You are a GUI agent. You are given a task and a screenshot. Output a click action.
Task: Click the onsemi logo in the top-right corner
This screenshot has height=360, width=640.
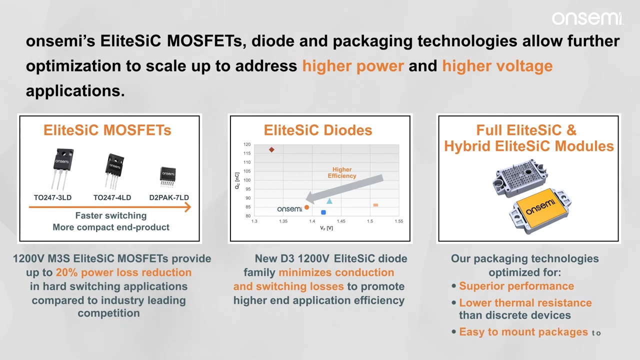(x=587, y=18)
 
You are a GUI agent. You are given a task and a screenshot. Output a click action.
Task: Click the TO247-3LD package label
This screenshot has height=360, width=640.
(x=52, y=197)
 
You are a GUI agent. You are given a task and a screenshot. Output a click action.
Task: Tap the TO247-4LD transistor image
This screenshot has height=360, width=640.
(x=114, y=171)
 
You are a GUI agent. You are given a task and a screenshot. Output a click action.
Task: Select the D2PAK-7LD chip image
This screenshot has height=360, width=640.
(x=167, y=177)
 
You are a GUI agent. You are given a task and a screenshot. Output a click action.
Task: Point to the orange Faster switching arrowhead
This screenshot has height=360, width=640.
(x=187, y=207)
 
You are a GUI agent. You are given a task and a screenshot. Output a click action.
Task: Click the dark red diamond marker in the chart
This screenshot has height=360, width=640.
(x=271, y=149)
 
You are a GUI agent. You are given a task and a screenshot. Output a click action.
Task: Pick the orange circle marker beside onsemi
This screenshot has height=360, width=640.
(x=306, y=207)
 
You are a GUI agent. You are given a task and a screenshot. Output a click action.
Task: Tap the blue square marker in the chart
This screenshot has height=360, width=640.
(x=323, y=212)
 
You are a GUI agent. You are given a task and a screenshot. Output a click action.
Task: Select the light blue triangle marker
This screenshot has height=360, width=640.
(x=329, y=201)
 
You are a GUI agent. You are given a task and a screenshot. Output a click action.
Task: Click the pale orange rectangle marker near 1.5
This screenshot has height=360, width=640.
(x=375, y=205)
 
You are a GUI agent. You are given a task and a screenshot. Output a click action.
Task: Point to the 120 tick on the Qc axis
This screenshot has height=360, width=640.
(x=247, y=144)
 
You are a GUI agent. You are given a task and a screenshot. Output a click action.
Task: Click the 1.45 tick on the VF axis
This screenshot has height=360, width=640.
(x=341, y=221)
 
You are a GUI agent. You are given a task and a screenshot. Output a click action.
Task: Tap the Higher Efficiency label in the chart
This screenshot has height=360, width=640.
(x=342, y=172)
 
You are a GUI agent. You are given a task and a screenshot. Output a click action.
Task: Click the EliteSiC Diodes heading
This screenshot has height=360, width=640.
(x=317, y=130)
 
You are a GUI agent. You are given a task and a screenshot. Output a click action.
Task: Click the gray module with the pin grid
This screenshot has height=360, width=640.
(x=520, y=178)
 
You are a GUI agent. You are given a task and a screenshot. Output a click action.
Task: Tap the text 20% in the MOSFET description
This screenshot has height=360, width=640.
(x=66, y=272)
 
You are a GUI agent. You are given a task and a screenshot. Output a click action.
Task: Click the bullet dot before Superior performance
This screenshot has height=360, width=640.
(x=453, y=286)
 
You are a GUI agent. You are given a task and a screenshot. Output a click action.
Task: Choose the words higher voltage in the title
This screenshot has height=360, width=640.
(x=497, y=66)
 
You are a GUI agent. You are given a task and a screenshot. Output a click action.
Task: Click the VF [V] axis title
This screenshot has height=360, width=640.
(x=326, y=228)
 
